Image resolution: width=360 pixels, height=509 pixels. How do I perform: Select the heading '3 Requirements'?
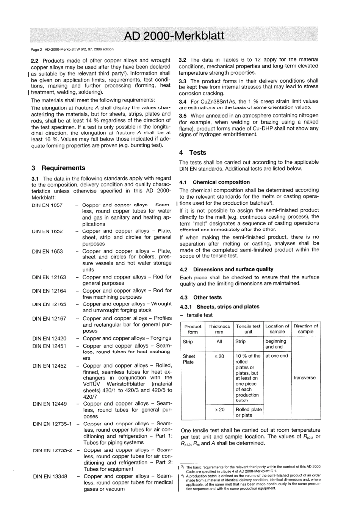click(58, 168)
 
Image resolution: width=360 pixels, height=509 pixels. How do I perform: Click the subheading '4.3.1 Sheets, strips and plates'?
click(219, 307)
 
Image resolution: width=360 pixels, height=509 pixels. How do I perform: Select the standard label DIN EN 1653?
click(47, 251)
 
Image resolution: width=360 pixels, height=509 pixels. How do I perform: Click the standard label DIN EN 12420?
click(49, 338)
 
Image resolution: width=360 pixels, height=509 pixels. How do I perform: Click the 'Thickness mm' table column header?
click(219, 329)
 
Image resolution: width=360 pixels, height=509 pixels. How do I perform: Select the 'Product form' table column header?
click(193, 329)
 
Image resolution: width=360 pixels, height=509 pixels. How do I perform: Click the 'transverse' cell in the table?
click(304, 378)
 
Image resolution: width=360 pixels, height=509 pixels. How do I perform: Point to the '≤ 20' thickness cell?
click(219, 356)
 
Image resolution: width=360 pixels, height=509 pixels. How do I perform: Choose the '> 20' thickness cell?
click(219, 410)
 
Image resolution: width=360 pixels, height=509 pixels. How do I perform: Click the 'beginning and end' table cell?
click(276, 344)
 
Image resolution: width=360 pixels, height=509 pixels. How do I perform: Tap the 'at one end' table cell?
click(277, 356)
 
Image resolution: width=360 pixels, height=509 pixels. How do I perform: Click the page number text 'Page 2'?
click(36, 49)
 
